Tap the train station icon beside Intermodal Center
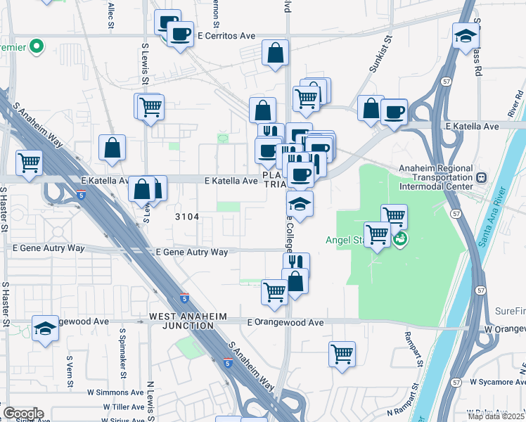coord(482,178)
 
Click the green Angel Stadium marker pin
coord(400,239)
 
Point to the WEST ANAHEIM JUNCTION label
coord(188,321)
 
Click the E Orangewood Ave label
coord(285,322)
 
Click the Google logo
coord(23,414)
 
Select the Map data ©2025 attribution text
coord(496,416)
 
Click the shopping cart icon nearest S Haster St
coord(30,162)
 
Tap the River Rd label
coord(515,104)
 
